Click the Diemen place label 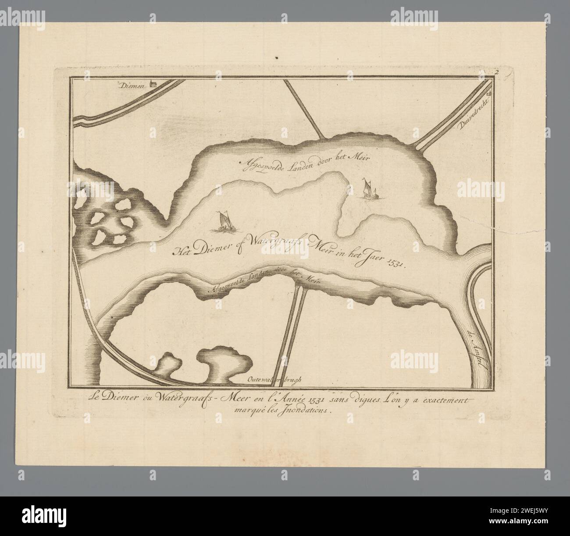click(135, 86)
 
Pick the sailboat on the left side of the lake click(224, 222)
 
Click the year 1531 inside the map click(396, 264)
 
